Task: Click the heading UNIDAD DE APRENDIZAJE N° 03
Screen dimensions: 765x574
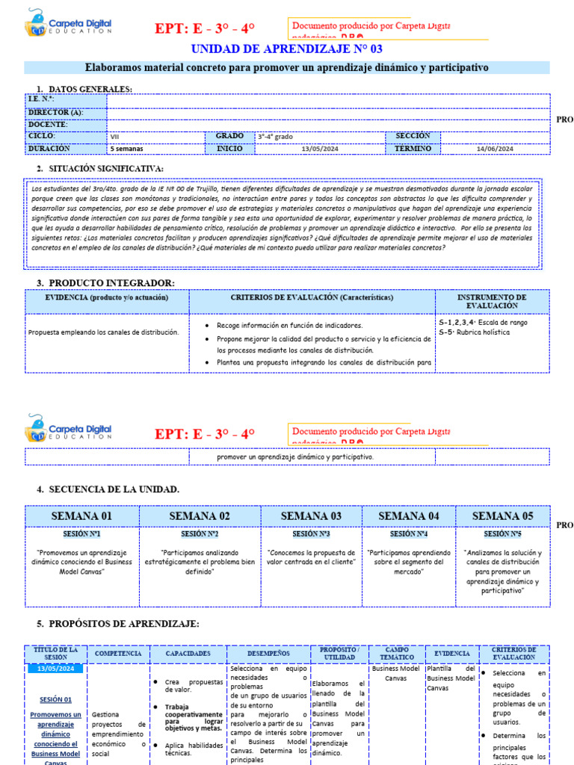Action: click(287, 49)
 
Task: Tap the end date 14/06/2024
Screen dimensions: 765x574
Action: click(495, 149)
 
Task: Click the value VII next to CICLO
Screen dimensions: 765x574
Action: click(114, 137)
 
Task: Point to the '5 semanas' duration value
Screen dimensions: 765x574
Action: click(126, 149)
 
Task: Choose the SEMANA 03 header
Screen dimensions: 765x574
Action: click(311, 516)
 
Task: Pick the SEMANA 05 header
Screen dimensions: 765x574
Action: click(503, 516)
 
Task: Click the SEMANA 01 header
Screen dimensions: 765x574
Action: click(81, 516)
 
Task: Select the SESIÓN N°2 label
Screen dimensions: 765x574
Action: click(200, 534)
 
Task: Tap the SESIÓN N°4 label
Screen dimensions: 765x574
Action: click(408, 534)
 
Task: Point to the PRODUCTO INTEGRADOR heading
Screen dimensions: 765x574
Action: click(111, 282)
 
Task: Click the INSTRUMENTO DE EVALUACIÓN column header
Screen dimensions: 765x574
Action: click(491, 301)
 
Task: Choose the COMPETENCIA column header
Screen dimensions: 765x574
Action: click(118, 654)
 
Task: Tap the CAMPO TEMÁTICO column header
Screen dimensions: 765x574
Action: click(396, 654)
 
